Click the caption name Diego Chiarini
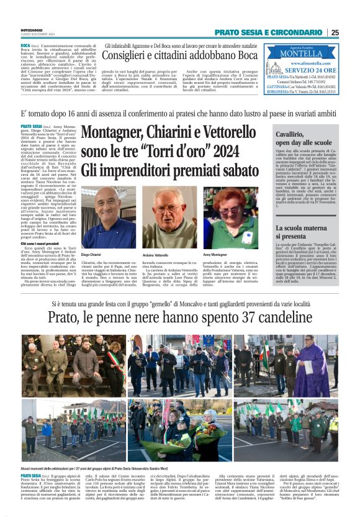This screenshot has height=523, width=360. pos(91,255)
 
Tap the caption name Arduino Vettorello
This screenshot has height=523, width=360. pos(156,255)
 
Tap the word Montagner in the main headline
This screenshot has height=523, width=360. pos(113,133)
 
